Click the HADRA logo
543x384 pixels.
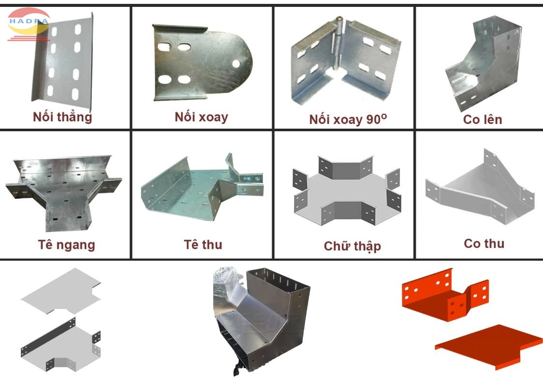tap(28, 23)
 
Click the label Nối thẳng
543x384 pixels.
tap(62, 117)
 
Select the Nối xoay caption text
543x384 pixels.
tap(201, 117)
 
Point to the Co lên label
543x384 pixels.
tap(483, 119)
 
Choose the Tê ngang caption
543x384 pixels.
tap(67, 244)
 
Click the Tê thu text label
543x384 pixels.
tap(203, 244)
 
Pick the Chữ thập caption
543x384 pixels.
tap(352, 246)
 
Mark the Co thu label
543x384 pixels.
tap(484, 243)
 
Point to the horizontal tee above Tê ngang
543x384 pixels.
tap(63, 191)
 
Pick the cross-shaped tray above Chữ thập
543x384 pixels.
tap(347, 190)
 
